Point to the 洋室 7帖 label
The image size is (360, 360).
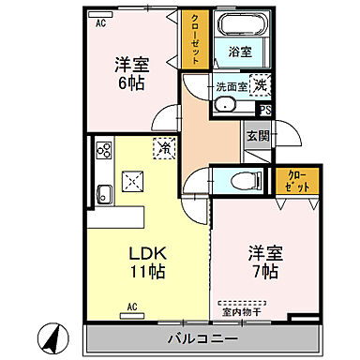264,262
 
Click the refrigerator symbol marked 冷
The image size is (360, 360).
163,147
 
